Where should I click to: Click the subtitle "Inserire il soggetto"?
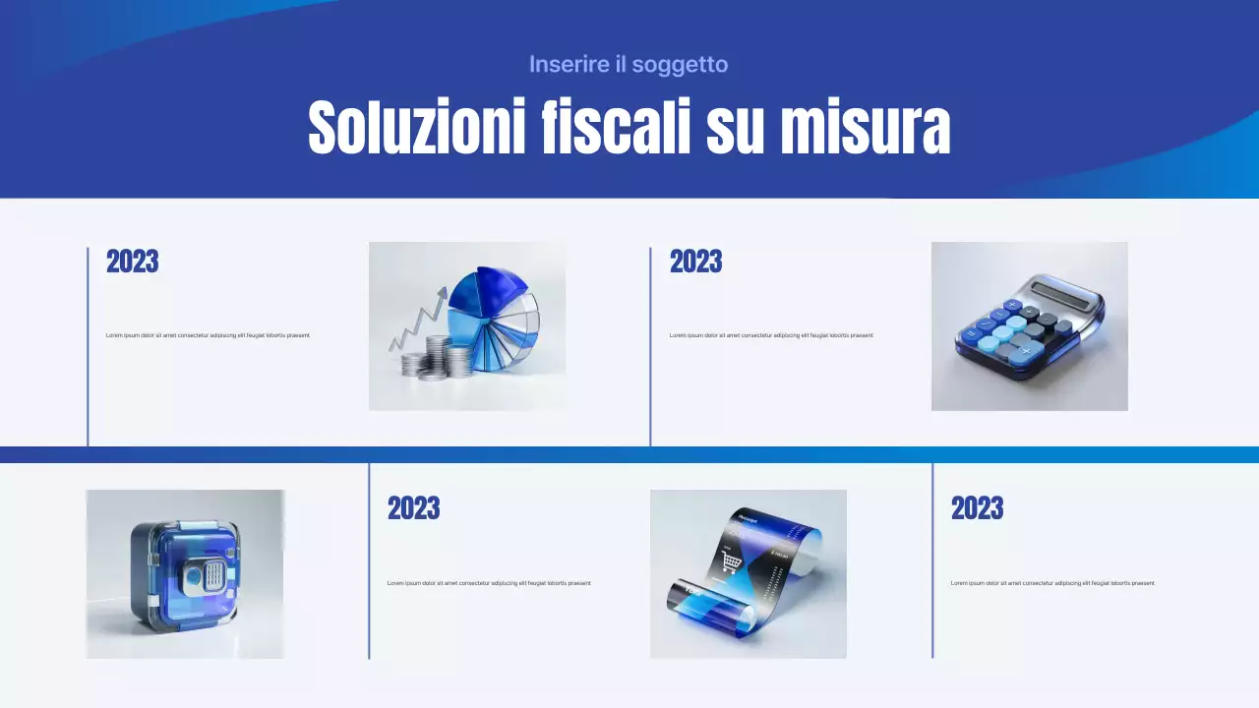click(629, 65)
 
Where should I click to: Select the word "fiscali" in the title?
click(617, 128)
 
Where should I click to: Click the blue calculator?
click(1028, 329)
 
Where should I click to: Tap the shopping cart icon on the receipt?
click(731, 561)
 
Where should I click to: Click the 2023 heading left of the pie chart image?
click(132, 263)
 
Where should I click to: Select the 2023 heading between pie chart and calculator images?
click(695, 263)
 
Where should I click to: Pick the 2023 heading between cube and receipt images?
click(413, 509)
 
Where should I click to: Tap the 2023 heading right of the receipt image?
click(977, 509)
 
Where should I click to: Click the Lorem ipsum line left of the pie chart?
click(208, 335)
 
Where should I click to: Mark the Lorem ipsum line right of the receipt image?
click(1052, 583)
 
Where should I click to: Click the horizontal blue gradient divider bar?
click(629, 454)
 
